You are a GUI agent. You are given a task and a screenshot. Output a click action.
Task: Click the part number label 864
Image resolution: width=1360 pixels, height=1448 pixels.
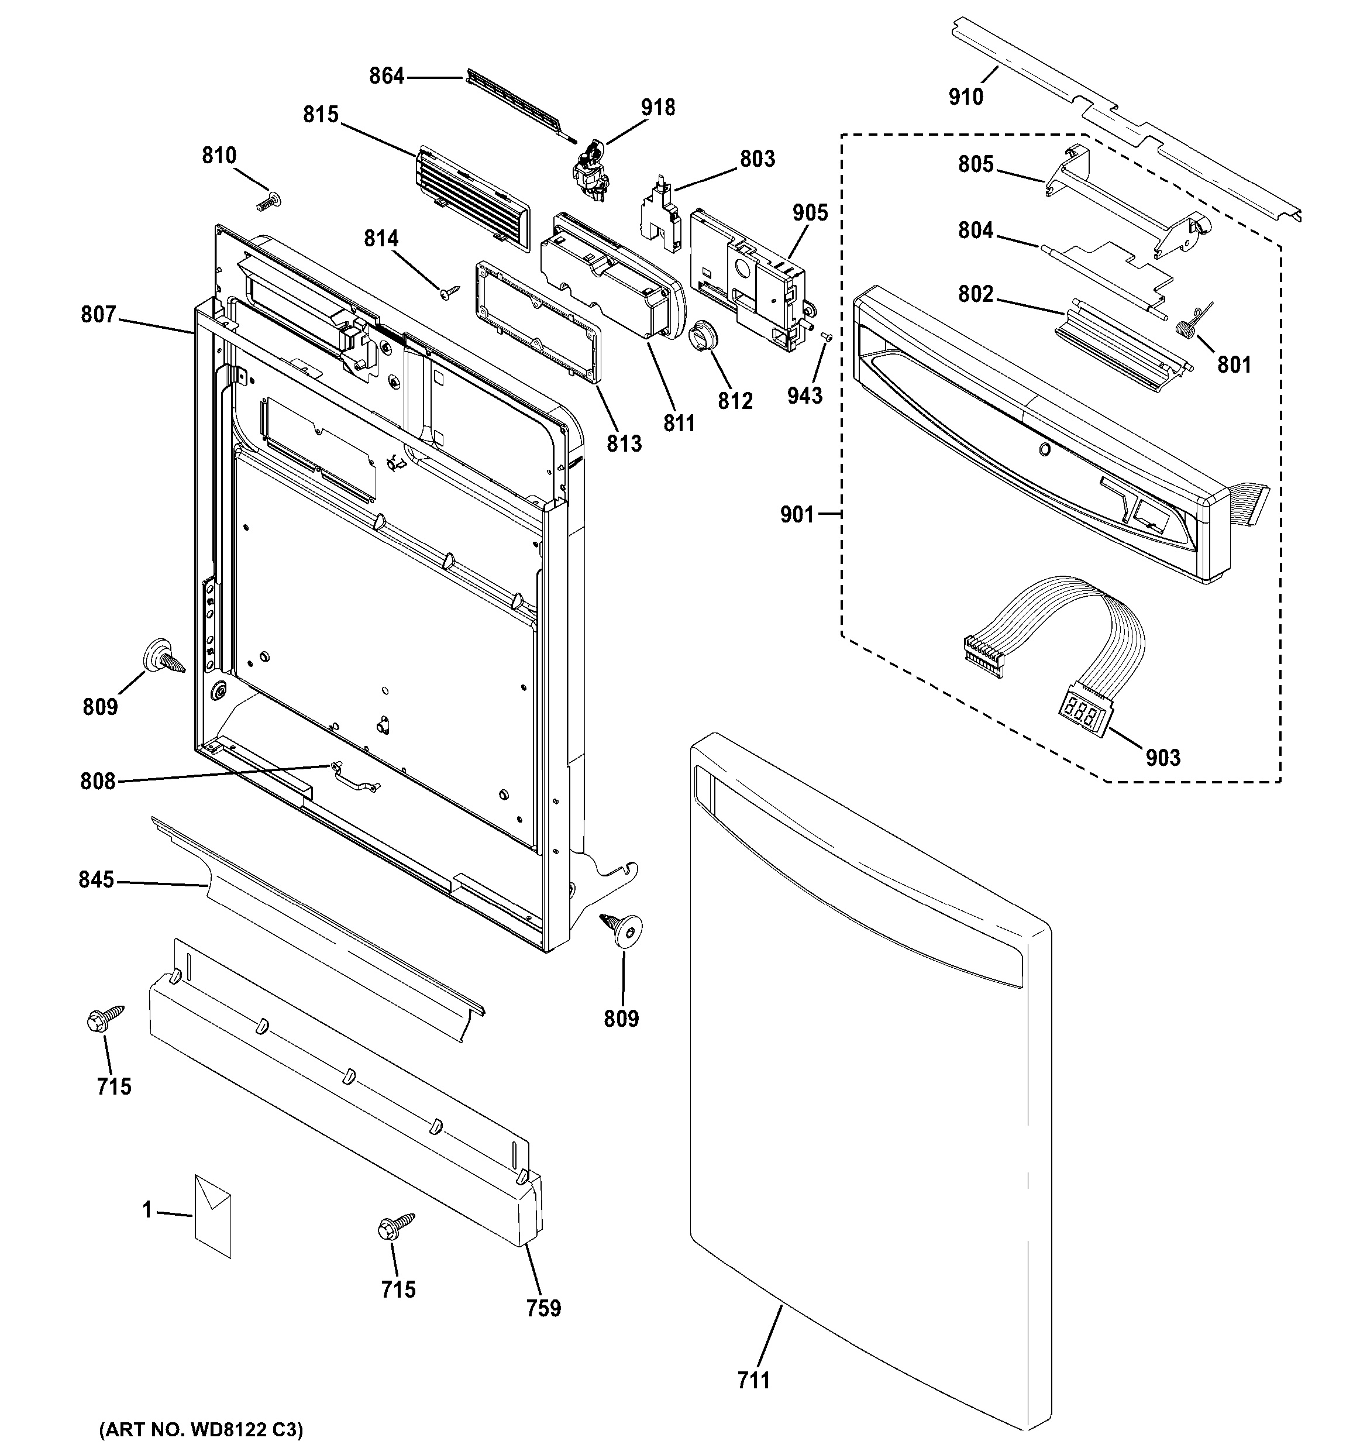(386, 75)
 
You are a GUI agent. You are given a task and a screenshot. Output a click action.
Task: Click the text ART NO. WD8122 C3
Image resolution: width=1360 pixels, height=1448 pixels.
(201, 1429)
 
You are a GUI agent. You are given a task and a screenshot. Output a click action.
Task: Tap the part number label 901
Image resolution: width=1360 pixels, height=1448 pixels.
(797, 515)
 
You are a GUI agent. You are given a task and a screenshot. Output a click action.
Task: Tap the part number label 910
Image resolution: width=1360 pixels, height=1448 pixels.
(965, 96)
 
